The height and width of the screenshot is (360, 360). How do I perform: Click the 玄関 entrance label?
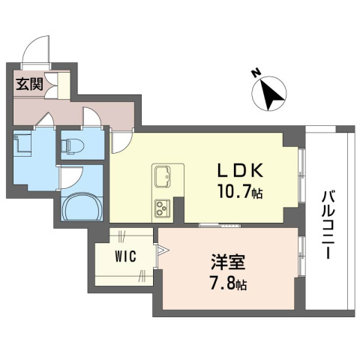coord(30,84)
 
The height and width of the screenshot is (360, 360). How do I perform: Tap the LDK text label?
coord(240,171)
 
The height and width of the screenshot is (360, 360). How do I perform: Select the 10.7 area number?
coord(234,191)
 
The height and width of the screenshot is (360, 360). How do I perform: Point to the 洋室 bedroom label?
coord(228,262)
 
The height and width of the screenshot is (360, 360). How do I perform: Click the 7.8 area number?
coord(223,283)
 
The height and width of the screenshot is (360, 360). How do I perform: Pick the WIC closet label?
coord(126,256)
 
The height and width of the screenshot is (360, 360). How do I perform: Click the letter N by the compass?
coord(255,73)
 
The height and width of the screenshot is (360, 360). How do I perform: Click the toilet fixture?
coord(73,145)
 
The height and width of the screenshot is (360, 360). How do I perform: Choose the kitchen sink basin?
coord(163,177)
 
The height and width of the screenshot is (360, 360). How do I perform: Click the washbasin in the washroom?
coord(22,143)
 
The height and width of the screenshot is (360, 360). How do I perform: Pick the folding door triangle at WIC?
coord(163,250)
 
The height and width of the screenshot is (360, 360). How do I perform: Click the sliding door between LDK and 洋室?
coord(220,226)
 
